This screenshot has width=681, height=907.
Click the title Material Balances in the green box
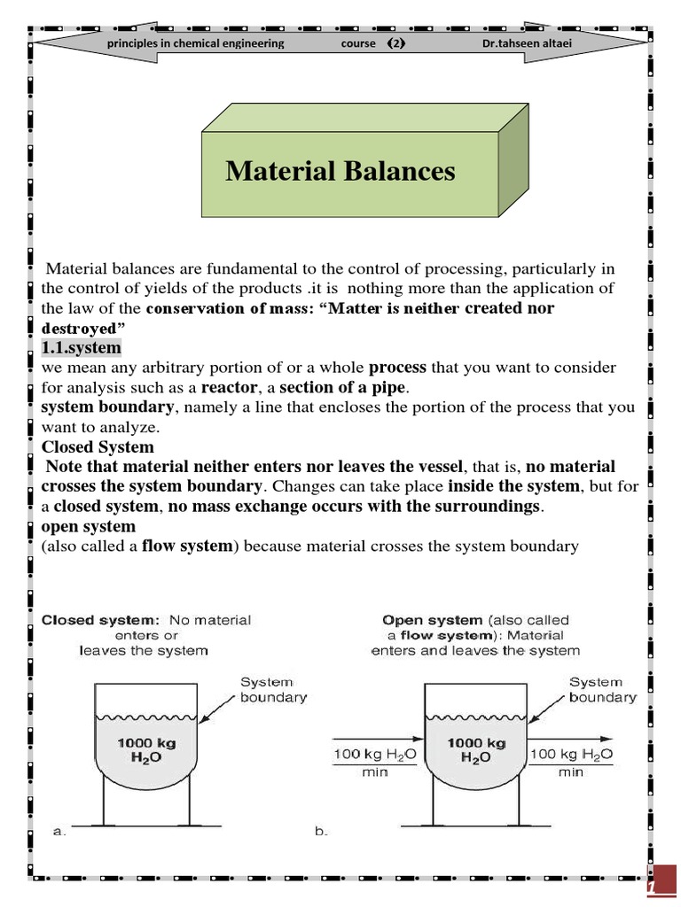coord(340,170)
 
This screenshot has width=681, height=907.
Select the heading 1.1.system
coord(81,347)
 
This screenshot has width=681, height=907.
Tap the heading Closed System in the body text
coord(98,446)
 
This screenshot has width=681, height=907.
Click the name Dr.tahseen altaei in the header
coord(531,43)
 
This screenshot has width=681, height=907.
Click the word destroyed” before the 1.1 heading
coord(82,328)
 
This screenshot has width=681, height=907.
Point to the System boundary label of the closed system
coord(273,689)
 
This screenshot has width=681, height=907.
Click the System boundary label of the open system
coord(602,689)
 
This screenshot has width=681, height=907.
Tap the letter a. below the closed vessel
coord(59,831)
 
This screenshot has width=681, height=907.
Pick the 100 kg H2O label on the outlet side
coord(570,754)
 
